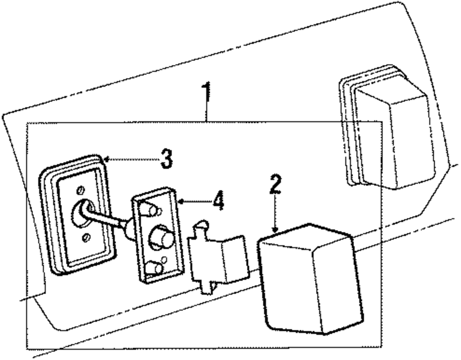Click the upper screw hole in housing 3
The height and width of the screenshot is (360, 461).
81,190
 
